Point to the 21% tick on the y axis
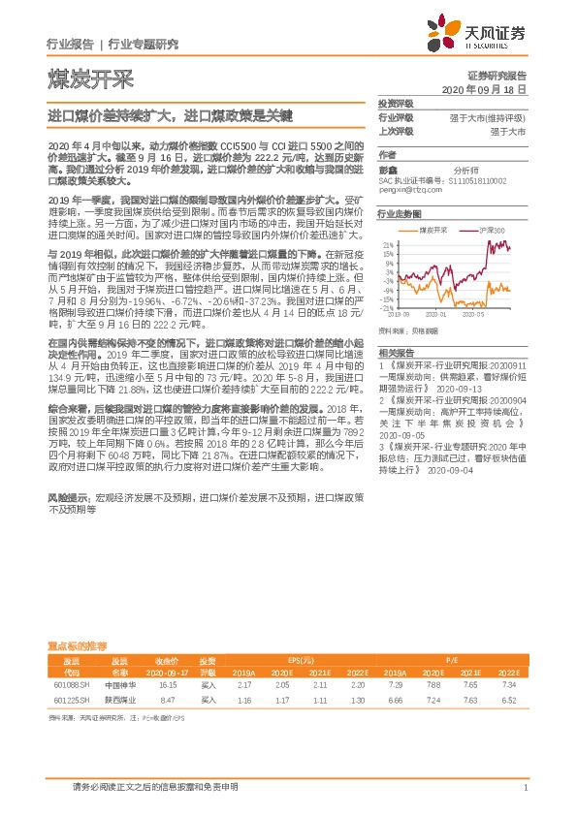pos(388,244)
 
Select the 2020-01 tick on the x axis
pos(442,314)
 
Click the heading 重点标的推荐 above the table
pos(78,645)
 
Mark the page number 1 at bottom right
pos(524,786)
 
